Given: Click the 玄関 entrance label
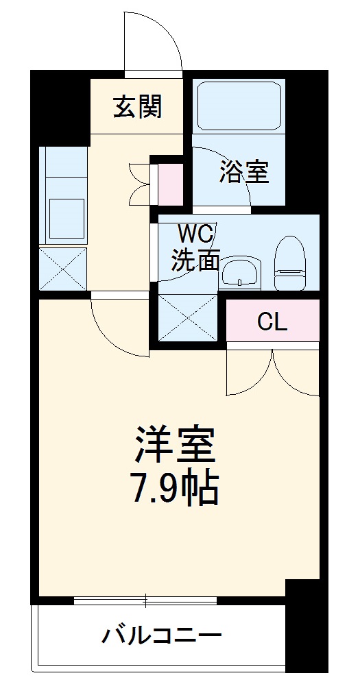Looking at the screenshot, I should click(x=137, y=107).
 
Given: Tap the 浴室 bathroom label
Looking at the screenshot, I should click(x=243, y=172).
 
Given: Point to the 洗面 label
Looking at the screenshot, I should click(x=195, y=260).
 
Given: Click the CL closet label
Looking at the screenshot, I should click(x=272, y=322).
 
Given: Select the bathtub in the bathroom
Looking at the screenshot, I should click(x=238, y=107).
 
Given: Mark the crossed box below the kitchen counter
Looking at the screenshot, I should click(x=63, y=268).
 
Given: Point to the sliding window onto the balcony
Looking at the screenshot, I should click(x=145, y=601).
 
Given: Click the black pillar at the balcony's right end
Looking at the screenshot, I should click(x=302, y=627).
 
